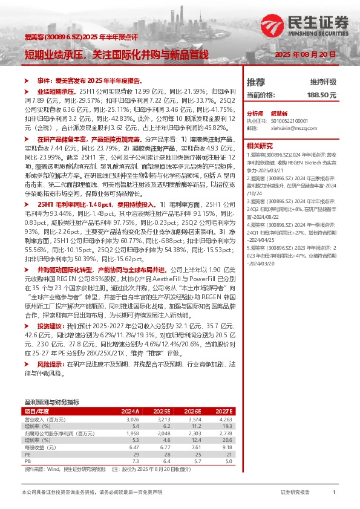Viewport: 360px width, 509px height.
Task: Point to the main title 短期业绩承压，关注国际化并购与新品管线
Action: coord(116,55)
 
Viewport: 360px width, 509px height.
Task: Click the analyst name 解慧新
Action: coord(278,113)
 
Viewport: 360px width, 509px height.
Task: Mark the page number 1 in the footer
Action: coord(333,493)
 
